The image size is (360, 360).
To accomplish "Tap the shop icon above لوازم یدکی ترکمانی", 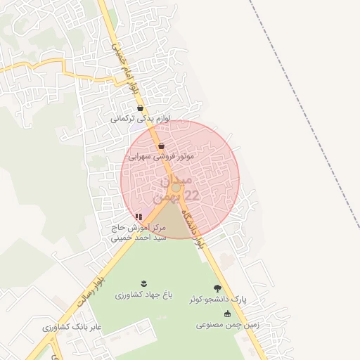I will (x=141, y=109).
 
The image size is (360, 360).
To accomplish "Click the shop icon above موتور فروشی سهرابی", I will (x=162, y=146).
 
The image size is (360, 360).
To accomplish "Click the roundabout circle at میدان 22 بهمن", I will (x=176, y=189).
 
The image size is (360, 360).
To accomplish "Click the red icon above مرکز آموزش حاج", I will (x=139, y=217).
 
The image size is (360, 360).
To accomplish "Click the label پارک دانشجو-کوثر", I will (x=219, y=300).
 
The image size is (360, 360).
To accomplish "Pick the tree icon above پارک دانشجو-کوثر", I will (x=218, y=288).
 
